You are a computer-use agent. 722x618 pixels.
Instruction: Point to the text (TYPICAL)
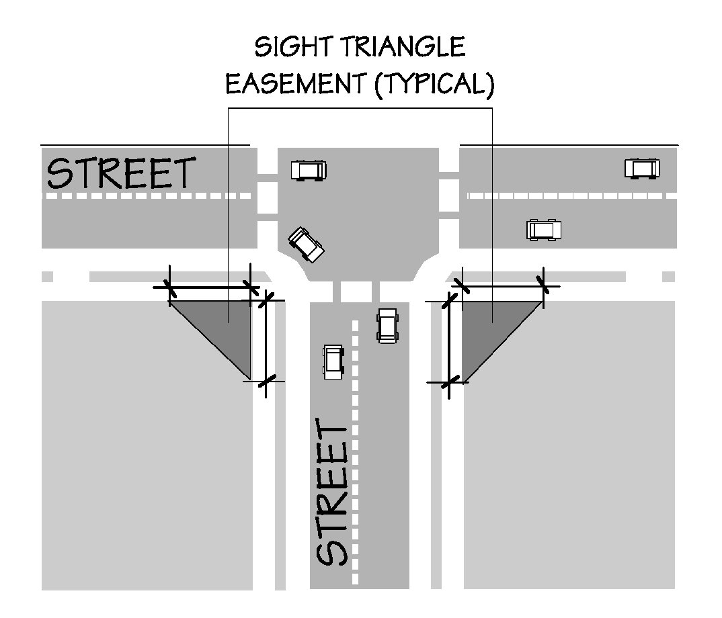430,86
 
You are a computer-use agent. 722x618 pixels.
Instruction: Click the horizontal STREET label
121,173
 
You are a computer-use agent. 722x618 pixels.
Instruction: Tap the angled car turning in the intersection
306,244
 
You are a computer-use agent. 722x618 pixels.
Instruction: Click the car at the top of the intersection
309,169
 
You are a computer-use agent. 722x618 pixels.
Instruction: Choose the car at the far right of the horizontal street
641,167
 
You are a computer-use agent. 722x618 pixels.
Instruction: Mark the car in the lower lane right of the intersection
543,230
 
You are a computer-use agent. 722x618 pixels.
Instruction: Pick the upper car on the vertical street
387,325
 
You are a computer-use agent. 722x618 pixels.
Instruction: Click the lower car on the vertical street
333,361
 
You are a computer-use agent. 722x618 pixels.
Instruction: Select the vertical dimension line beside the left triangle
266,341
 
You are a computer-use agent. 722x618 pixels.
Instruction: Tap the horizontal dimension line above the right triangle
502,286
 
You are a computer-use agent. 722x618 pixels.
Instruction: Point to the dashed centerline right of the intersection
571,195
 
